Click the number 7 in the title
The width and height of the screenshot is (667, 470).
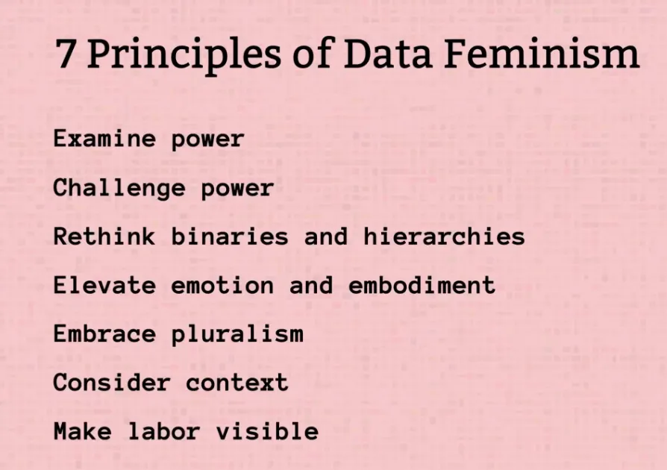[65, 54]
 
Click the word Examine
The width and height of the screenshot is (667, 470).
[104, 139]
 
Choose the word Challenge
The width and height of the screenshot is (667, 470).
[119, 188]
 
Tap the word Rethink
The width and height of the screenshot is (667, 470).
[104, 236]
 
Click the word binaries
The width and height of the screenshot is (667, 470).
[230, 236]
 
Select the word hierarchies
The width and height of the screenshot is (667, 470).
[444, 236]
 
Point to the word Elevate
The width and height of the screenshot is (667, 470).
[104, 285]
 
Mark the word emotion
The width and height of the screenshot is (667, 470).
[222, 285]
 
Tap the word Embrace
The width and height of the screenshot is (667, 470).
[104, 334]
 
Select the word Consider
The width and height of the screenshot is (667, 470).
[112, 383]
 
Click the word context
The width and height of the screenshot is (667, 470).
[237, 383]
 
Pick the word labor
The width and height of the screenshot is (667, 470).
[164, 431]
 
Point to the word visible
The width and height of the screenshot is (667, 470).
[267, 431]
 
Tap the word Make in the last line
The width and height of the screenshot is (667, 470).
[83, 431]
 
